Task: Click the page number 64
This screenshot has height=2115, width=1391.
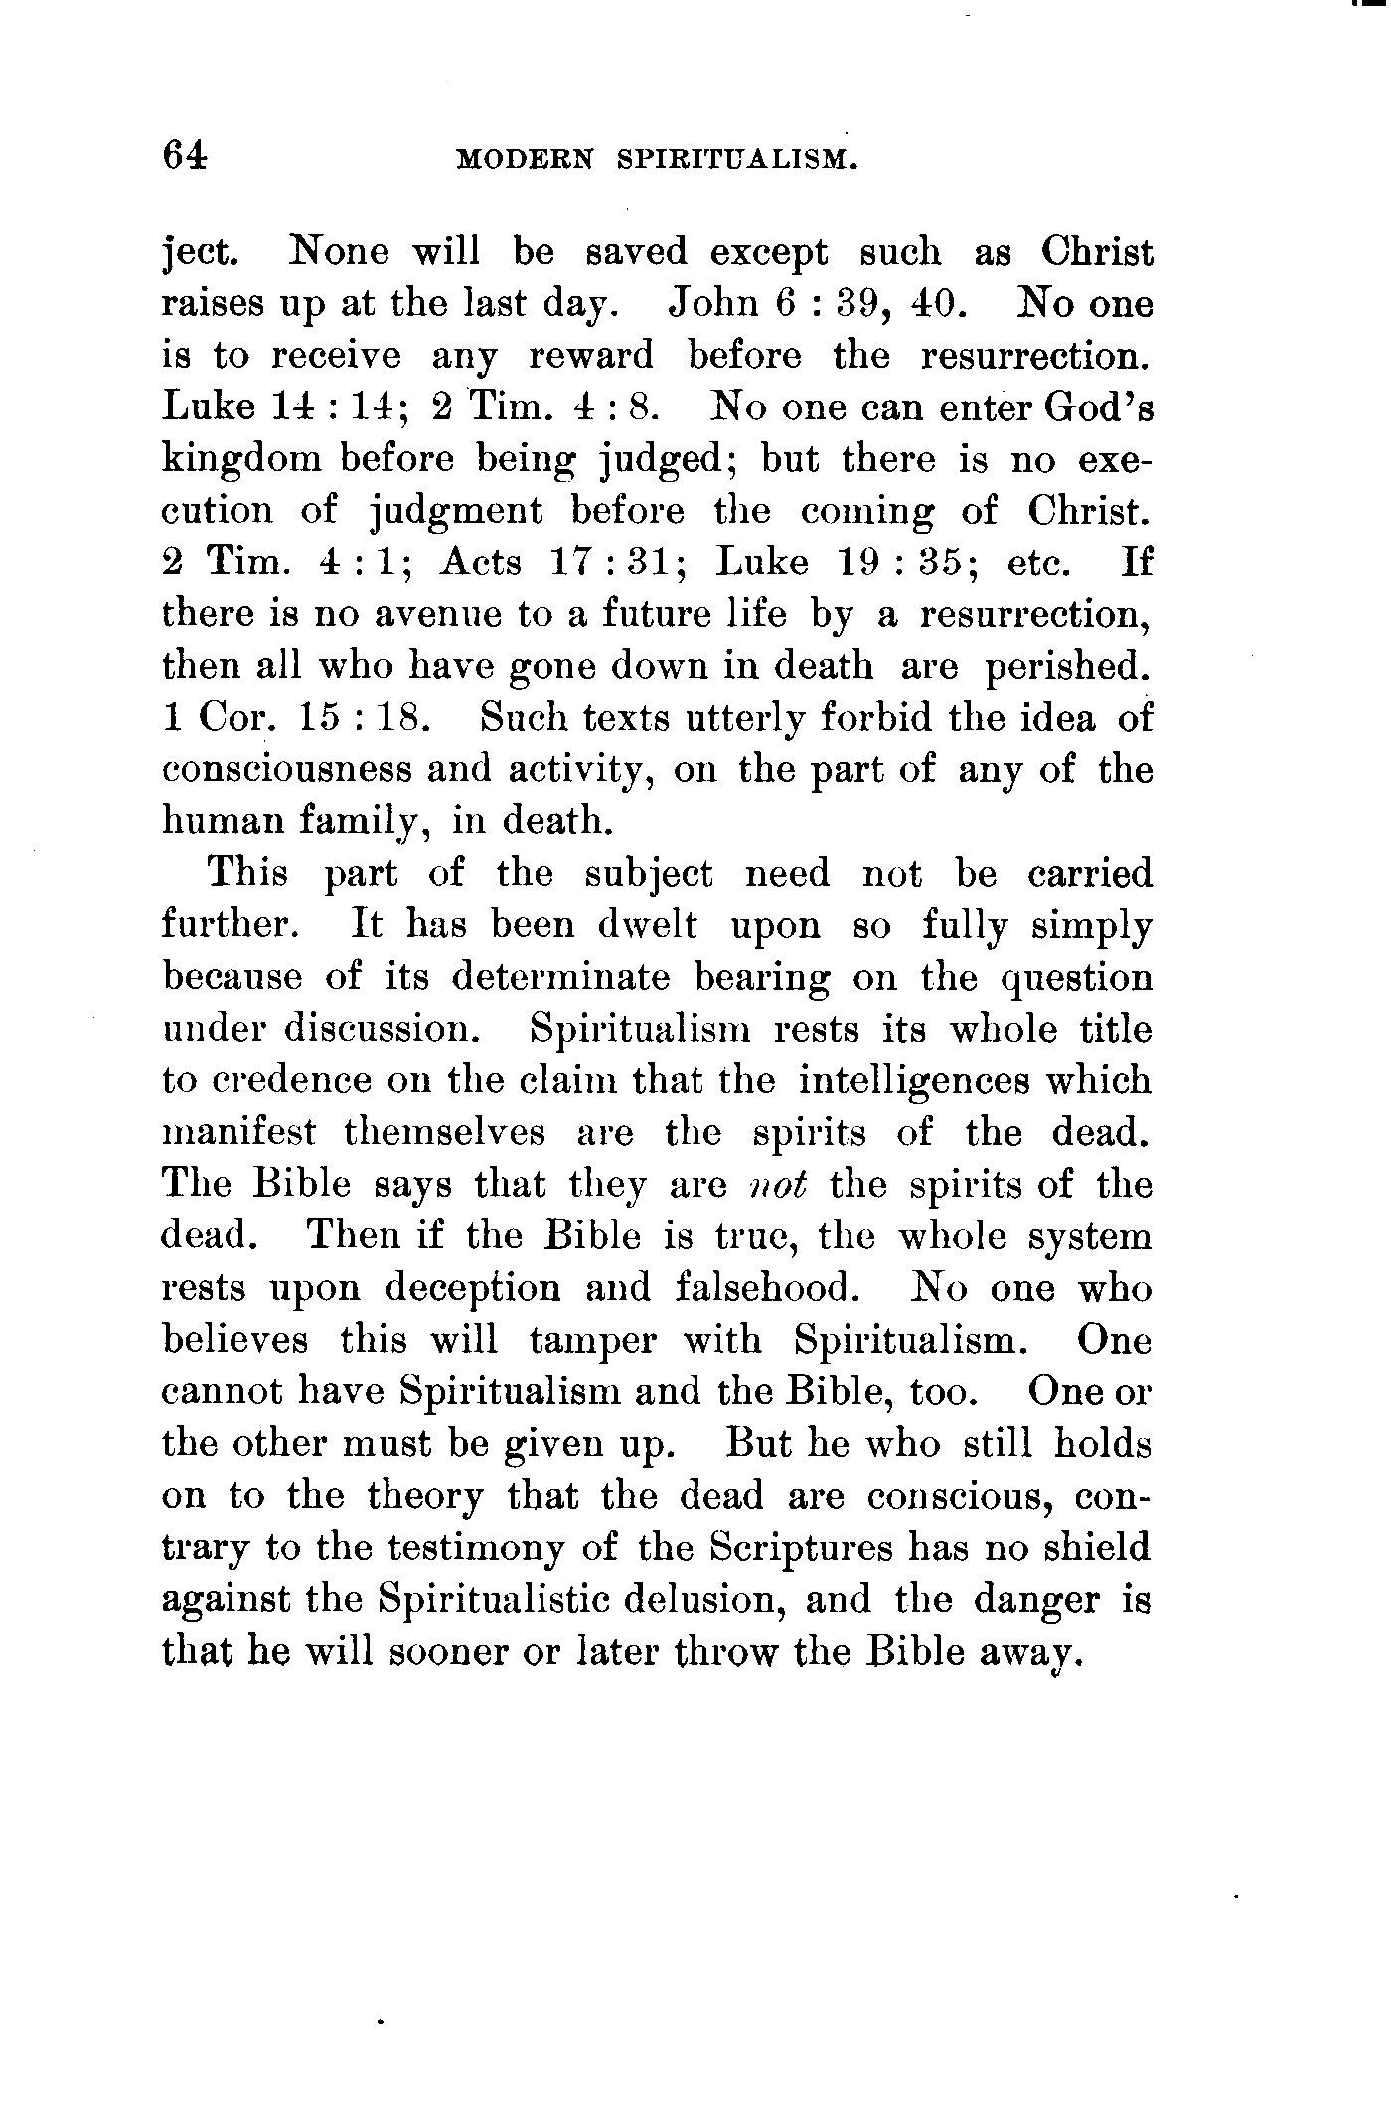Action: pyautogui.click(x=186, y=157)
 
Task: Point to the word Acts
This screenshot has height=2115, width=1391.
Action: pyautogui.click(x=481, y=563)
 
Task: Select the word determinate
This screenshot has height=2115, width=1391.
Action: pyautogui.click(x=560, y=978)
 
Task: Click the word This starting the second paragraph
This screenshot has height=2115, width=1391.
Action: pyautogui.click(x=247, y=875)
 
